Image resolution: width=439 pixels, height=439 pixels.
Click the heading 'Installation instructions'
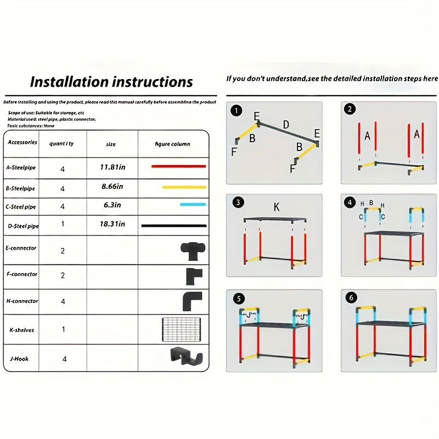point(111,82)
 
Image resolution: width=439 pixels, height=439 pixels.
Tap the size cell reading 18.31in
point(112,224)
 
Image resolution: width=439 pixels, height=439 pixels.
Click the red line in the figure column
point(178,166)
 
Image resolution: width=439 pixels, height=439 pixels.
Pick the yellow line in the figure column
point(184,187)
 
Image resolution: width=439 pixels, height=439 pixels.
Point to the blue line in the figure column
point(193,204)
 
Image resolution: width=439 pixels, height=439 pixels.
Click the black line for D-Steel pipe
point(174,226)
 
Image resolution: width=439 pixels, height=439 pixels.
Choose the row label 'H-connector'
point(22,301)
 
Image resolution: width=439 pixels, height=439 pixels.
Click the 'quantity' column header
point(62,144)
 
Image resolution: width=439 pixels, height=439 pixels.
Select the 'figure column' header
point(172,144)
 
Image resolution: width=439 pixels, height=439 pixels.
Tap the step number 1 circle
point(237,111)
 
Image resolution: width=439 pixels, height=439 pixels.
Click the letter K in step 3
point(277,207)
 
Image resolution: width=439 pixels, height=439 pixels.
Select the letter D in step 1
point(285,124)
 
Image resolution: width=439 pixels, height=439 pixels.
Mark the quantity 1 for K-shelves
point(63,330)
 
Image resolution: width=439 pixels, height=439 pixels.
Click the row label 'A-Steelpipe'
point(21,167)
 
